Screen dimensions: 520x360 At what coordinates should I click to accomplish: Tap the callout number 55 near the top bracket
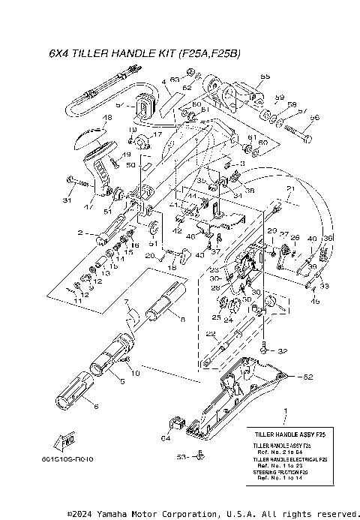coord(265,77)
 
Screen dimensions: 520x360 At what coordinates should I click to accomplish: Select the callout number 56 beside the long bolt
coord(315,117)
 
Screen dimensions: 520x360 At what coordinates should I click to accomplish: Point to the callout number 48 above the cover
coord(107,118)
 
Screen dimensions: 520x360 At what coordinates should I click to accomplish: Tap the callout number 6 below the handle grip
coord(95,406)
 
